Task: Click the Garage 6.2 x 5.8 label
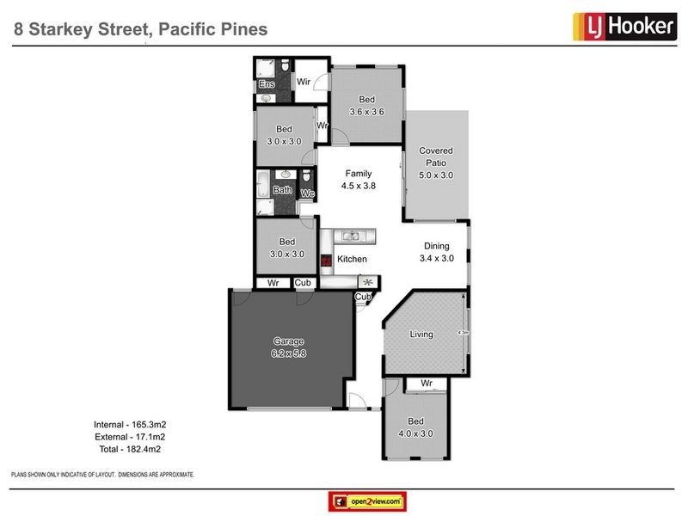pyautogui.click(x=290, y=347)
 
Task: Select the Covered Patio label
pyautogui.click(x=435, y=163)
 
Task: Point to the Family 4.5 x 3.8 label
pyautogui.click(x=359, y=178)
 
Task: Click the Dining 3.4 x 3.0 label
pyautogui.click(x=435, y=252)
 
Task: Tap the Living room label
pyautogui.click(x=421, y=334)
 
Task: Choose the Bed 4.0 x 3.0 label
pyautogui.click(x=415, y=427)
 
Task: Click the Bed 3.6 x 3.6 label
pyautogui.click(x=365, y=106)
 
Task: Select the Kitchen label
pyautogui.click(x=352, y=259)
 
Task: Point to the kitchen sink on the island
pyautogui.click(x=353, y=236)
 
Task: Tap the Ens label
pyautogui.click(x=266, y=84)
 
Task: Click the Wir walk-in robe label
pyautogui.click(x=304, y=83)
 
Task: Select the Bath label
pyautogui.click(x=282, y=190)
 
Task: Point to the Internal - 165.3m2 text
pyautogui.click(x=129, y=425)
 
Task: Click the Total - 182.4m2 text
pyautogui.click(x=129, y=449)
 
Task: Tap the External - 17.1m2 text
pyautogui.click(x=129, y=437)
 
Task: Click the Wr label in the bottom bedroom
pyautogui.click(x=426, y=383)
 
